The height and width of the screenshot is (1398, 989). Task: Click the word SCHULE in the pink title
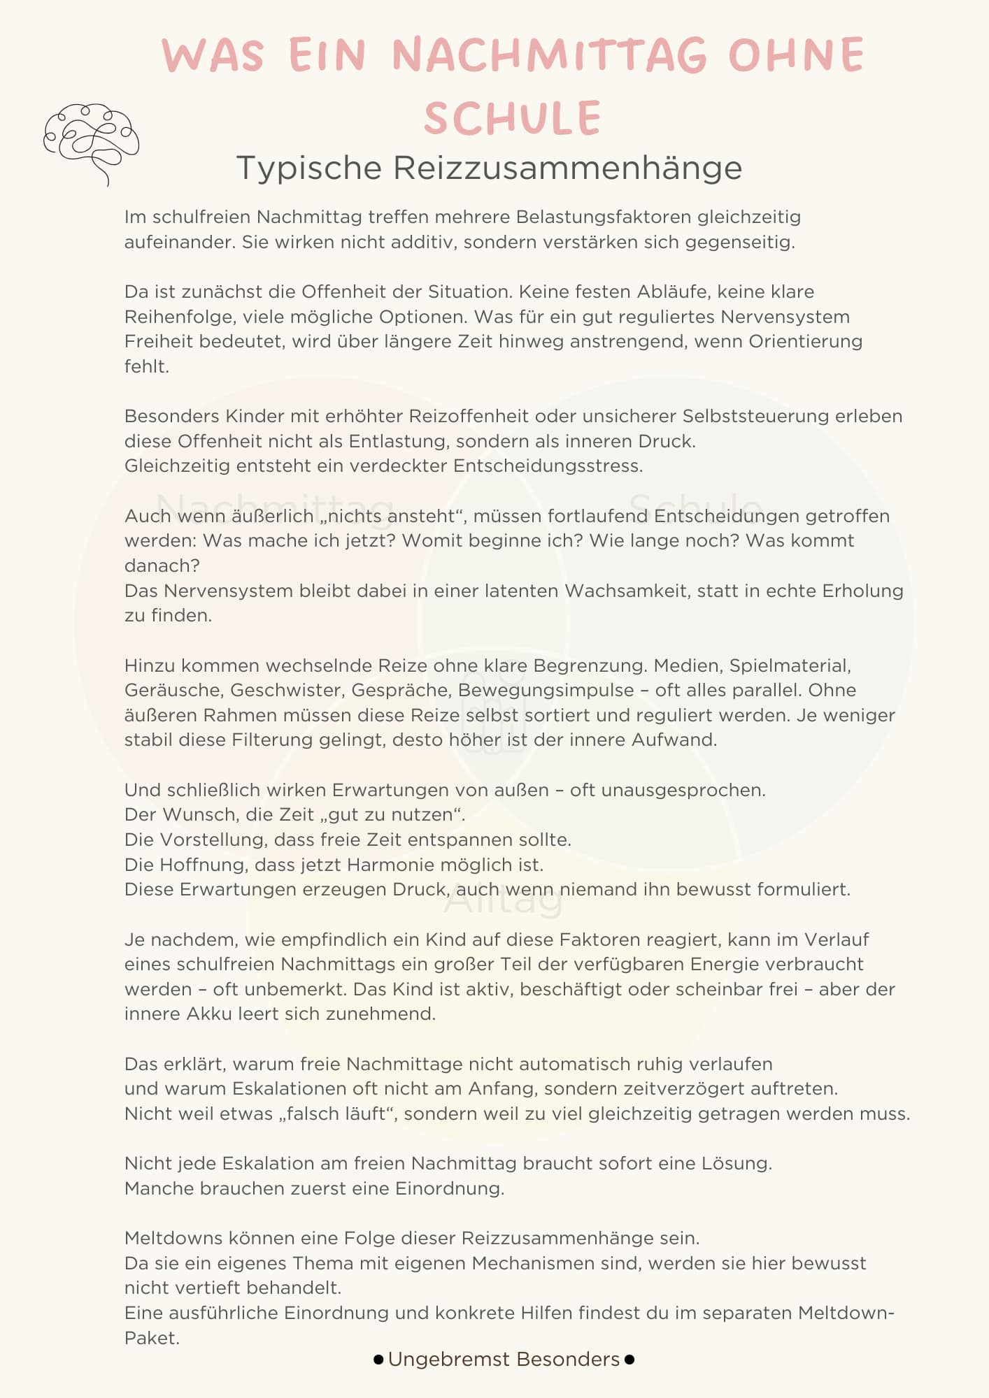point(513,118)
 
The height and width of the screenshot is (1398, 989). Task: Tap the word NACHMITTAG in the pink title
point(550,55)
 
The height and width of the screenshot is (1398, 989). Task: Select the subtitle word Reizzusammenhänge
point(567,168)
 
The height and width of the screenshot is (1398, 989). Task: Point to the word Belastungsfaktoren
point(603,217)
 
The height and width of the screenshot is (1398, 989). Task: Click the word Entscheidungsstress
point(548,466)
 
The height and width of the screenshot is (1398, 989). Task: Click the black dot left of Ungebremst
point(378,1360)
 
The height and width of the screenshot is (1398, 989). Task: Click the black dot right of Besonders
point(629,1360)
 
